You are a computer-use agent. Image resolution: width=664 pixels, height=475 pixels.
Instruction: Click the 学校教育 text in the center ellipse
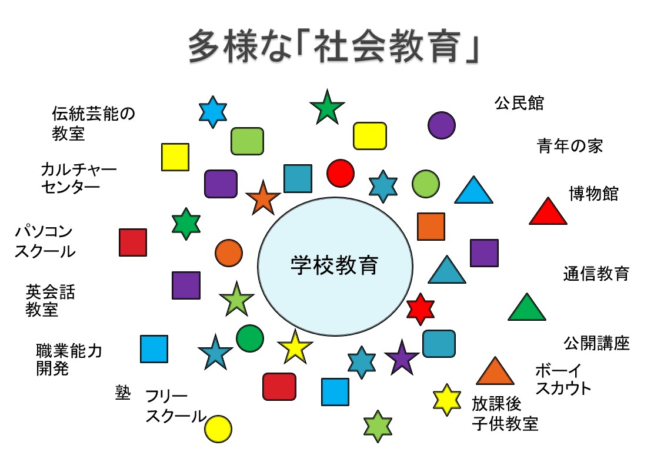tap(334, 265)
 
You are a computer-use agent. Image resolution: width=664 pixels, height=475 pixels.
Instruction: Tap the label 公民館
tap(519, 103)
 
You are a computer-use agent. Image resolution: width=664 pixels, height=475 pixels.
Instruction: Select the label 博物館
tap(593, 193)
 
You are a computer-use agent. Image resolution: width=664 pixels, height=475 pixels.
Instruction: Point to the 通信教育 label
tap(596, 274)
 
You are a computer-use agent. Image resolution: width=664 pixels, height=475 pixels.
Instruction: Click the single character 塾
tap(122, 393)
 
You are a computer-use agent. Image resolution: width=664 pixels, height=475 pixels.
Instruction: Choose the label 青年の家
tap(570, 146)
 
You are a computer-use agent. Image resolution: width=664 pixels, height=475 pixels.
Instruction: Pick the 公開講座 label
tap(596, 343)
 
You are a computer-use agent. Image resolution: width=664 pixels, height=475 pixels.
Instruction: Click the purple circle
tap(441, 125)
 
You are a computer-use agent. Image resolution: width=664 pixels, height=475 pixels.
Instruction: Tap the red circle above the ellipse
tap(340, 173)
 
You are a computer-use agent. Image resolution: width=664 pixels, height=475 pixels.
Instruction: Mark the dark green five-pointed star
tap(327, 108)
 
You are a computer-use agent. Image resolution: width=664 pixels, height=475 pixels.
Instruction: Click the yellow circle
tap(218, 429)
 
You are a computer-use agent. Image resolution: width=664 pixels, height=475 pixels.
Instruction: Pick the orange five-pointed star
tap(262, 198)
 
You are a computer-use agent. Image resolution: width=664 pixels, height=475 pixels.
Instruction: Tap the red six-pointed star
tap(420, 309)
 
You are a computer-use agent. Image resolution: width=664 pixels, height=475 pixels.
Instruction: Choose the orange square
tap(431, 227)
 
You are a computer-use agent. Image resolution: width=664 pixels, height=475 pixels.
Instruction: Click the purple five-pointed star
tap(402, 358)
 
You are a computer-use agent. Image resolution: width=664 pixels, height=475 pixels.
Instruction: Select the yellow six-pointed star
tap(447, 400)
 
